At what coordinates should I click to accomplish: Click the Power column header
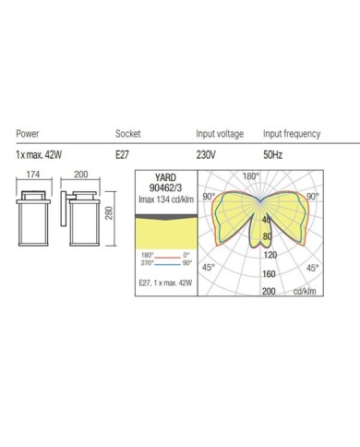[x=28, y=134]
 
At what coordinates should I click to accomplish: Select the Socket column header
[x=127, y=134]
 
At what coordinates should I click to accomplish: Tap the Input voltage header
[x=220, y=134]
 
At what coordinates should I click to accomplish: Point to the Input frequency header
[x=292, y=134]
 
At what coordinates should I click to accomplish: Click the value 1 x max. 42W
[x=39, y=154]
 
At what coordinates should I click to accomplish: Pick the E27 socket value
[x=122, y=154]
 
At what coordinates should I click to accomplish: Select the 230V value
[x=206, y=154]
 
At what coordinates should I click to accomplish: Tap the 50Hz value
[x=272, y=154]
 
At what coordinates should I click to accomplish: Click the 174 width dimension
[x=33, y=175]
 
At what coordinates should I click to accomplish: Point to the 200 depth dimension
[x=80, y=175]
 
